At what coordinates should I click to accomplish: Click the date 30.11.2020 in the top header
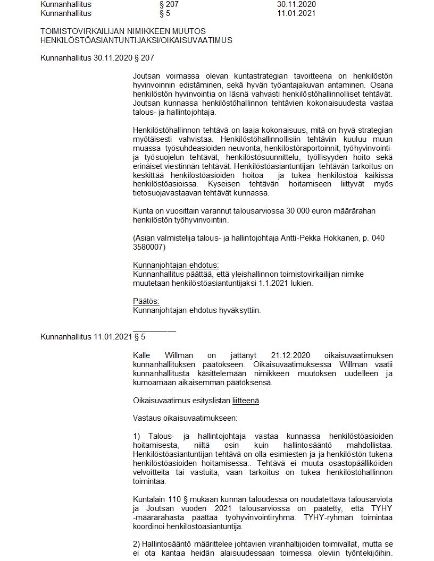[296, 4]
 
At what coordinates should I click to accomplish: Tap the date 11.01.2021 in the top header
[296, 13]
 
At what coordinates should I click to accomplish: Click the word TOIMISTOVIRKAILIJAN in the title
[79, 31]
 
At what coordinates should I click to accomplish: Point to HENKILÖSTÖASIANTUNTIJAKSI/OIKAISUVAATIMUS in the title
[136, 40]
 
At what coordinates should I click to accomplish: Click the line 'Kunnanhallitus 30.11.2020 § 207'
[97, 57]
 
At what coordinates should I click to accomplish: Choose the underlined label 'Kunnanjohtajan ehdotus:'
[176, 265]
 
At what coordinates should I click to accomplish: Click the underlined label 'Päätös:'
[143, 302]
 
